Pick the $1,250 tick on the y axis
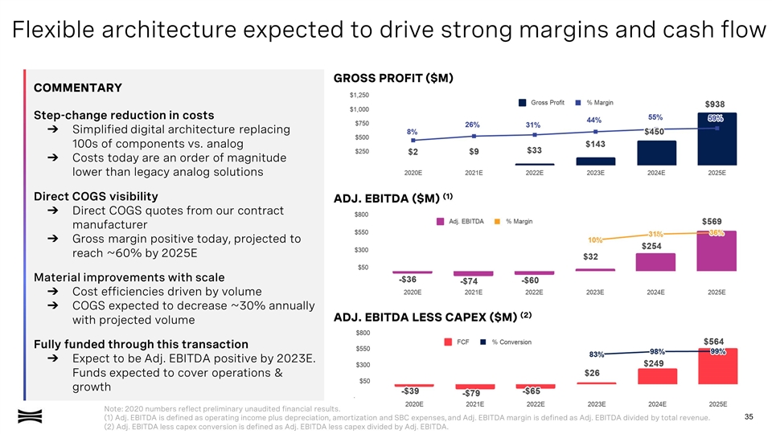point(359,94)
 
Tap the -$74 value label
point(470,281)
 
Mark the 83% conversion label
point(597,354)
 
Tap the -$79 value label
point(471,393)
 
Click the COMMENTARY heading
point(77,88)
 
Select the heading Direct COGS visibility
point(96,196)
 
